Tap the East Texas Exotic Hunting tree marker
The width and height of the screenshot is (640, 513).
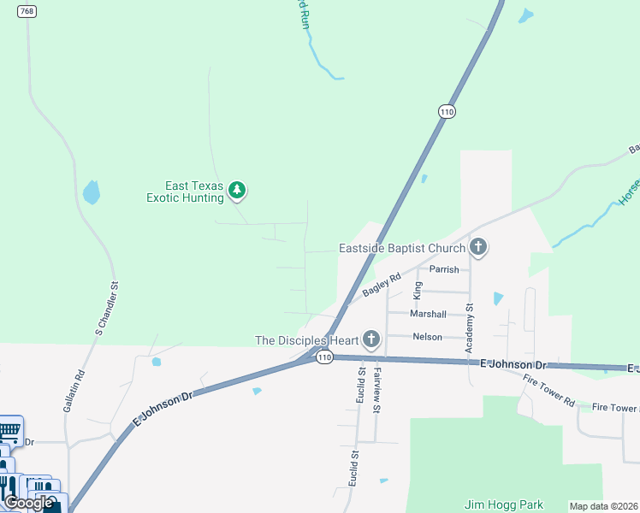[x=238, y=191]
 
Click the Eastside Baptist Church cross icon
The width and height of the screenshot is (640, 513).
[x=478, y=248]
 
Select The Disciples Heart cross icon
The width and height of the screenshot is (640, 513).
[x=370, y=339]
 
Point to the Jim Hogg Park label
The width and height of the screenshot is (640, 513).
[x=504, y=504]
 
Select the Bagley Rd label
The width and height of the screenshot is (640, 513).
[x=382, y=285]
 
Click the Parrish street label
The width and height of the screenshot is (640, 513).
[x=444, y=269]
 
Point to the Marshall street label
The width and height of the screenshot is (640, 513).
[x=428, y=314]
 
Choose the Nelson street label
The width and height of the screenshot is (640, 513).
[x=427, y=337]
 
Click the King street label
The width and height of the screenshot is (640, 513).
[x=418, y=291]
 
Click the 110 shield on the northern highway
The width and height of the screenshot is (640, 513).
[x=446, y=111]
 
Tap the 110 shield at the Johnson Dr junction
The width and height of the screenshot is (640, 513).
[x=323, y=357]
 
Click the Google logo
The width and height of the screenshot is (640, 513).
[x=28, y=503]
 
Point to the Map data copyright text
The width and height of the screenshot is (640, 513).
[x=604, y=506]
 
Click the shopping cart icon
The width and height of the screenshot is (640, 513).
[x=9, y=428]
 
